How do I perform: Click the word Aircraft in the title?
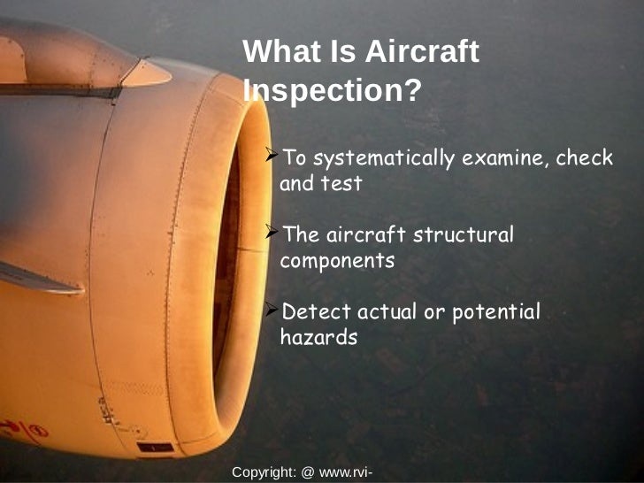coord(421,52)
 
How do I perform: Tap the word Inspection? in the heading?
coord(331,90)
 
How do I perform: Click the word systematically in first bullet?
coord(383,159)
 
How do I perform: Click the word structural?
coord(464,236)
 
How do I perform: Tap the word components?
coord(336,262)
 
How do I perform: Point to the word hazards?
coord(318,337)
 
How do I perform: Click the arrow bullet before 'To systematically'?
coord(272,157)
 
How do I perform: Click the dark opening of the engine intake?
coord(227,265)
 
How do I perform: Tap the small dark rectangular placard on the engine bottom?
coord(155,448)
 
